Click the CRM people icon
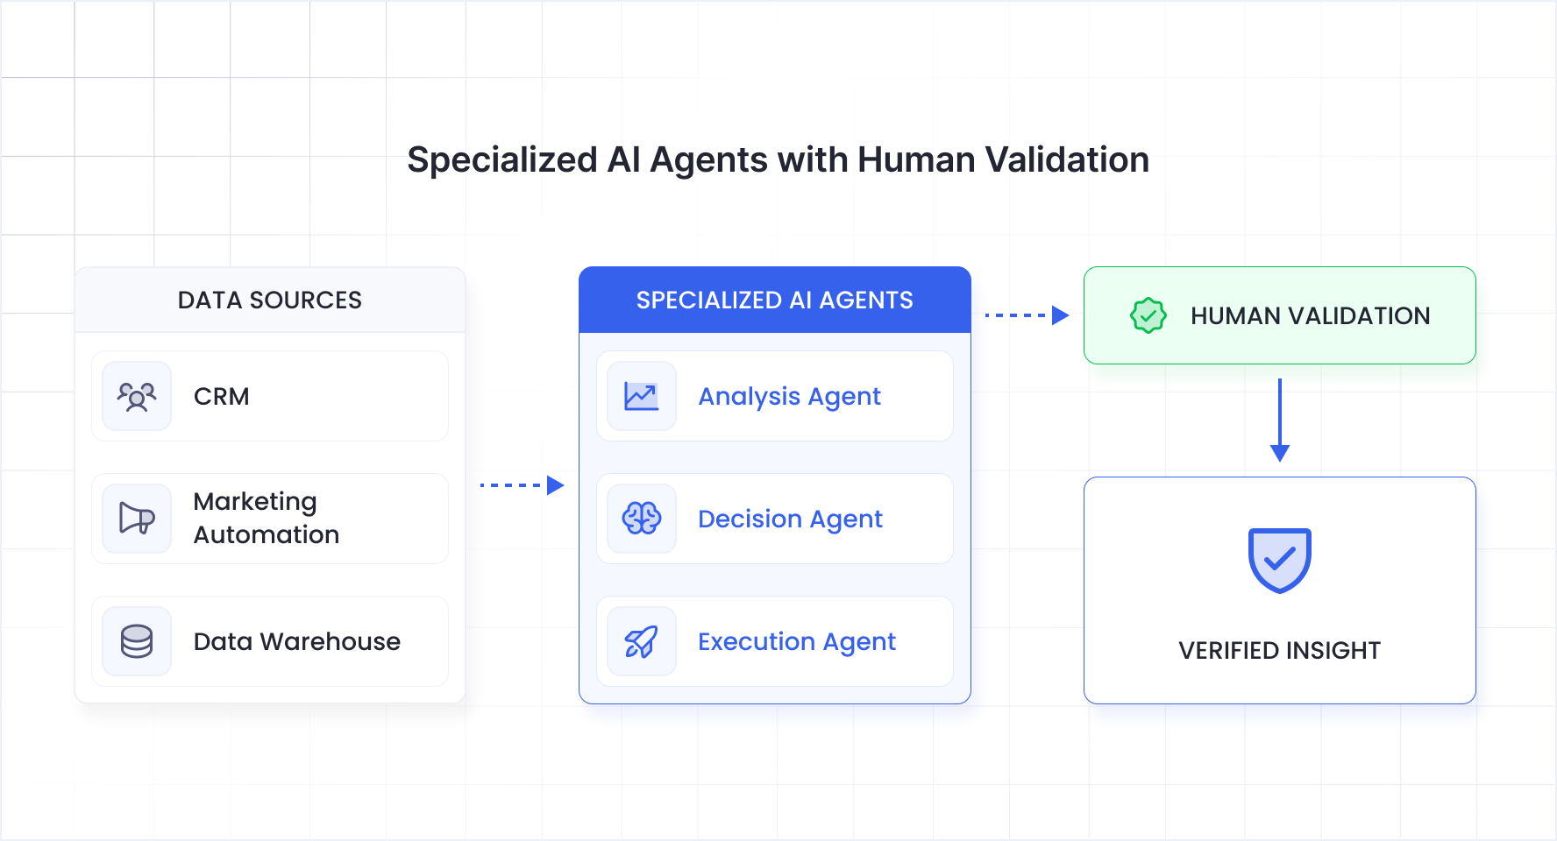[x=137, y=396]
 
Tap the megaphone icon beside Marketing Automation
[x=137, y=519]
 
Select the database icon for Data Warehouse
[x=137, y=641]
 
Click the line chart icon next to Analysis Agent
[x=642, y=396]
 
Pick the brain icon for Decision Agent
[x=642, y=519]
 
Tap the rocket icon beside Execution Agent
[x=642, y=641]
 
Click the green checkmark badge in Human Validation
[x=1148, y=315]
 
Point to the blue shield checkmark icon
[x=1279, y=560]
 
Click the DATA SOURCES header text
[x=269, y=300]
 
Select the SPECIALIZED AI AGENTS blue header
[x=774, y=300]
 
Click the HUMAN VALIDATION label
[x=1310, y=315]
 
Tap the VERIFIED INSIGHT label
[x=1279, y=650]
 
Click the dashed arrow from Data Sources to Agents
[x=522, y=485]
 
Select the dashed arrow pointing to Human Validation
[x=1027, y=315]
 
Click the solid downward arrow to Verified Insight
[x=1280, y=420]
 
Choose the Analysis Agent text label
[x=789, y=397]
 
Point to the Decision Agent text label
[x=790, y=519]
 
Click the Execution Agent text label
[x=796, y=642]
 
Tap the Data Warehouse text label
[x=296, y=642]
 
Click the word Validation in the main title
[x=1067, y=160]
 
